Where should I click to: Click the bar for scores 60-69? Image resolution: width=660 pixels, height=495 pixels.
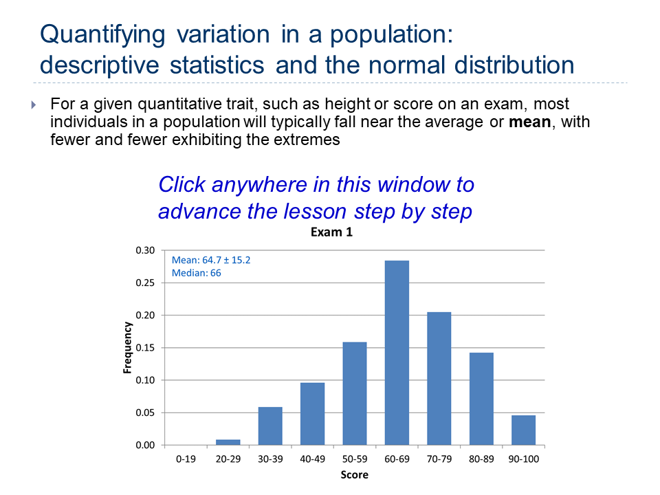[x=397, y=353]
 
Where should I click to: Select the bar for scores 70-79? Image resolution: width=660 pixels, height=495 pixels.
[x=439, y=378]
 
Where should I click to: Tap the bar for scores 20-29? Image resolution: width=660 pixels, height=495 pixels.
[x=228, y=442]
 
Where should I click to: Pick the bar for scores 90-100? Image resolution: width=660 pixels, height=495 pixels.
[x=524, y=430]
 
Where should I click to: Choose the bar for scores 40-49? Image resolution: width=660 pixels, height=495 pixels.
[x=312, y=414]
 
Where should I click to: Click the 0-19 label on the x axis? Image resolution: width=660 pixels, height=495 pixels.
[x=186, y=459]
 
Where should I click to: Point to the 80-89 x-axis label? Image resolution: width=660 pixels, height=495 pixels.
[x=481, y=459]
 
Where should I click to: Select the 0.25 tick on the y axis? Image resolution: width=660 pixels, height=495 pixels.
[x=145, y=283]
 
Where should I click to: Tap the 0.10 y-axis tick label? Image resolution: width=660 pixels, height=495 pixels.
[x=145, y=380]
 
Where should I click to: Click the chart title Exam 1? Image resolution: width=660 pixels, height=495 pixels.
[x=331, y=232]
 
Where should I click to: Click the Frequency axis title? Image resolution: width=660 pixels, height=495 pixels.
[x=127, y=348]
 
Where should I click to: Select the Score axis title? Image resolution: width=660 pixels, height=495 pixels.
[x=355, y=475]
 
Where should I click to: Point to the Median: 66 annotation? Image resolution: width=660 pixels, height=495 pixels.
[x=196, y=273]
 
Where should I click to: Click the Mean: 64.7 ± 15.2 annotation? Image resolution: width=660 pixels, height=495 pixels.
[x=211, y=260]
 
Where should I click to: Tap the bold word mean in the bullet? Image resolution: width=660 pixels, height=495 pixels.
[x=530, y=122]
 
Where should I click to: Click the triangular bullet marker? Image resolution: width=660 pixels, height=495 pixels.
[x=34, y=104]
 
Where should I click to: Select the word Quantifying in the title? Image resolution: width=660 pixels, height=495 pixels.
[x=102, y=35]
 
